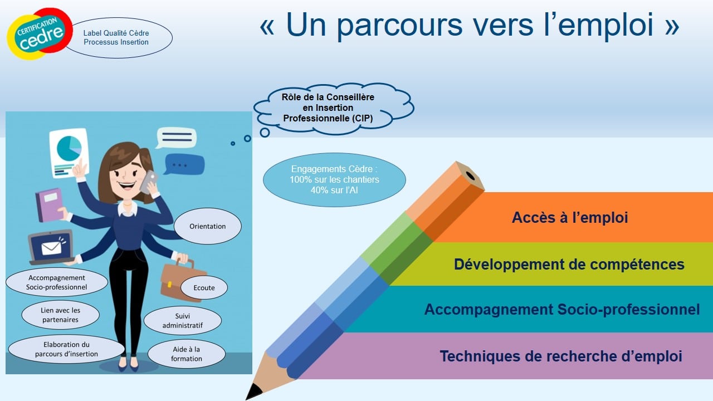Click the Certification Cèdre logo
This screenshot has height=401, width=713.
[x=40, y=34]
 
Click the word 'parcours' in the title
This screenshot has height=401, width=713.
[x=399, y=26]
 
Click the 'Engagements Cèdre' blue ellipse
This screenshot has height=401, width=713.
[x=334, y=179]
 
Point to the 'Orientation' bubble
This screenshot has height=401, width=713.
[x=208, y=226]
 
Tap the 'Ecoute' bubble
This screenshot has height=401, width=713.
[x=204, y=288]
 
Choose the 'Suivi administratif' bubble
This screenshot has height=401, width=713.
[x=182, y=320]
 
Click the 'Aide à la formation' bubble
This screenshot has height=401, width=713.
[x=187, y=354]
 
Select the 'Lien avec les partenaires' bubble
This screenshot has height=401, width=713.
[x=61, y=315]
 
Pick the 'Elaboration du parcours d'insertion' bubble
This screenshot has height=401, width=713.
[x=66, y=349]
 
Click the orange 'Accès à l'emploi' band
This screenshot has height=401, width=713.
[x=570, y=217]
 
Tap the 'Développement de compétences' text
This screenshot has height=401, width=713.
[x=569, y=264]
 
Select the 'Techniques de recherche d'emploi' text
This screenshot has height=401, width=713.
[x=561, y=356]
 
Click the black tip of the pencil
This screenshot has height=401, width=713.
[x=253, y=392]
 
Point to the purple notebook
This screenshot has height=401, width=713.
[x=50, y=205]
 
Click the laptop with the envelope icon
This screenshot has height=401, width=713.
[x=51, y=247]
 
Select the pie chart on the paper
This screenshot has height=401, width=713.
[x=69, y=148]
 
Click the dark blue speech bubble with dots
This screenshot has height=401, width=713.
[x=184, y=164]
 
